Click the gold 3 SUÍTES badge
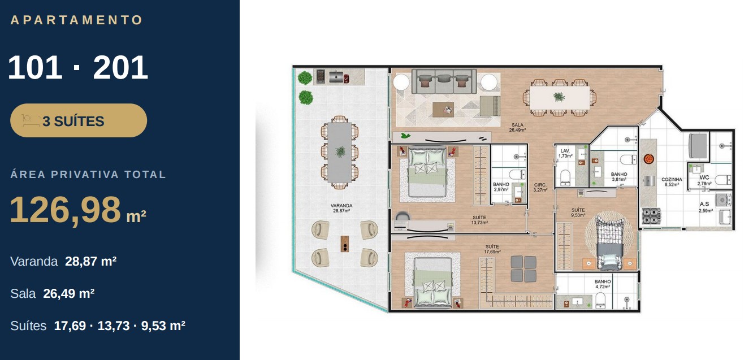pos(79,120)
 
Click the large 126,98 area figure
pos(65,210)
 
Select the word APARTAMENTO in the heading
pos(77,20)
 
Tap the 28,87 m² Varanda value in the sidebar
pos(91,261)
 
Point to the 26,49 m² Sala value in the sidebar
pos(68,293)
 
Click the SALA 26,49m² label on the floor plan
pos(517,127)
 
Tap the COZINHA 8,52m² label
pos(672,182)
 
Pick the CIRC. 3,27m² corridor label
pos(540,188)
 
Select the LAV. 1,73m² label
pos(565,154)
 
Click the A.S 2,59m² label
pos(704,207)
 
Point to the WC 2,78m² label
pos(704,180)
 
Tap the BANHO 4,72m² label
pos(603,284)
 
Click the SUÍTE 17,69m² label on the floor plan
pos(492,249)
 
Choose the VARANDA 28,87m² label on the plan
pos(341,208)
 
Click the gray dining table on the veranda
pos(340,152)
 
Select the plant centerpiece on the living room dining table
pos(559,97)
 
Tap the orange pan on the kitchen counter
pos(648,159)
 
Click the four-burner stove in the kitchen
pos(652,216)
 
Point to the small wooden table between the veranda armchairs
pos(345,244)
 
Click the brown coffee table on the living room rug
pos(443,110)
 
